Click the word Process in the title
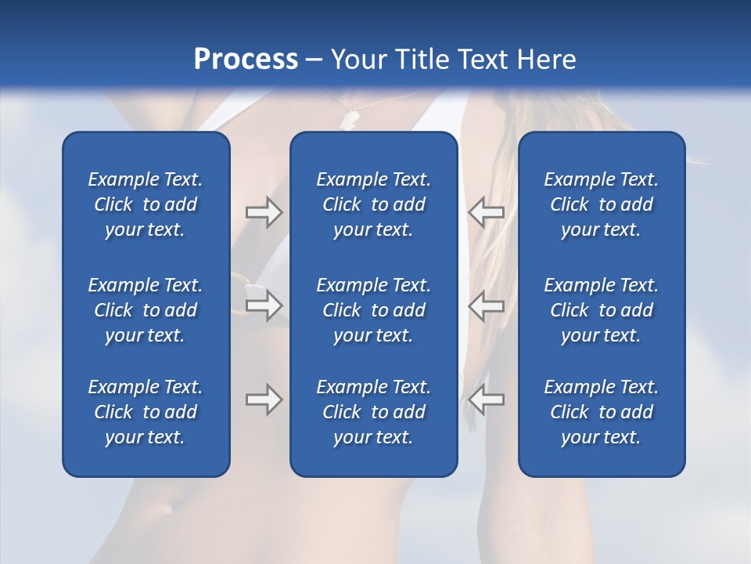(x=246, y=60)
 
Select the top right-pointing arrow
(x=264, y=211)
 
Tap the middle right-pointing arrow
(x=264, y=305)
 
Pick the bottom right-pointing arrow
(x=264, y=399)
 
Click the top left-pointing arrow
(x=486, y=211)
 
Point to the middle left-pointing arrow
(x=486, y=305)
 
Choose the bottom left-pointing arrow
(x=486, y=399)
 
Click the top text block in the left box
(x=146, y=204)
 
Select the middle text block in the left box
(x=146, y=310)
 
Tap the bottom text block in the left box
(x=146, y=412)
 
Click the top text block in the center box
(x=373, y=204)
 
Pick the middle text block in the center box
(x=373, y=310)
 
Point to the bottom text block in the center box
(x=373, y=412)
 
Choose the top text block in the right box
(x=601, y=204)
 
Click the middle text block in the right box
(x=601, y=310)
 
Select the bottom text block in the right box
(x=601, y=412)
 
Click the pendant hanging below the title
(x=349, y=118)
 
